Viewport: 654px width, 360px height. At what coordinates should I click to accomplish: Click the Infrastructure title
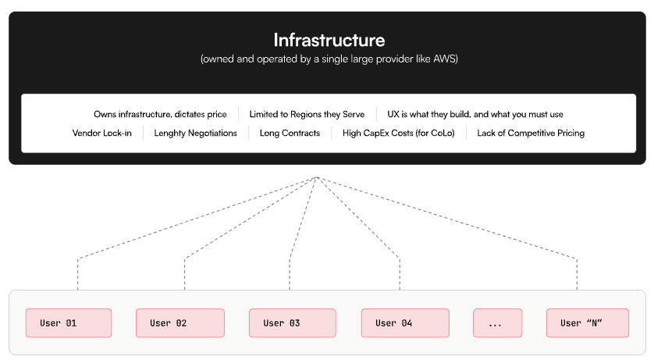pyautogui.click(x=329, y=40)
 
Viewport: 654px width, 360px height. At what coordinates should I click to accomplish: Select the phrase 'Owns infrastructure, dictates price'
pyautogui.click(x=160, y=114)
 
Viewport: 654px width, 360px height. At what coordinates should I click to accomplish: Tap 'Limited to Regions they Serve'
pyautogui.click(x=307, y=114)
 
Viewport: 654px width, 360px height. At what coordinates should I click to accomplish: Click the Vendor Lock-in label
pyautogui.click(x=101, y=133)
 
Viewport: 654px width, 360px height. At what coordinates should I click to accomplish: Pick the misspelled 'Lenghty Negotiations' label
pyautogui.click(x=195, y=133)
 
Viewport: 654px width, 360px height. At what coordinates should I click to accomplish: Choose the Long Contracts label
pyautogui.click(x=290, y=133)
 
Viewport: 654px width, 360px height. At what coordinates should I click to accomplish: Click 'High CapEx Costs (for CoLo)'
pyautogui.click(x=398, y=133)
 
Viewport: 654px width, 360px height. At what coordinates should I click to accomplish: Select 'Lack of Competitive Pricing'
pyautogui.click(x=531, y=133)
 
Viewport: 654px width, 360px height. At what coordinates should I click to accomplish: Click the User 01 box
pyautogui.click(x=69, y=323)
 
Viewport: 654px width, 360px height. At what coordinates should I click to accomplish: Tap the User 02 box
pyautogui.click(x=180, y=323)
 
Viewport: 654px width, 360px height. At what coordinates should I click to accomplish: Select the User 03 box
pyautogui.click(x=293, y=323)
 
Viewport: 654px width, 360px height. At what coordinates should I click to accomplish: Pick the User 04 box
pyautogui.click(x=405, y=323)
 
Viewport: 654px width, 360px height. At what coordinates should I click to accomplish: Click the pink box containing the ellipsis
pyautogui.click(x=498, y=323)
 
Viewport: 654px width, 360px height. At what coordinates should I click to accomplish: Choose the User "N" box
pyautogui.click(x=588, y=323)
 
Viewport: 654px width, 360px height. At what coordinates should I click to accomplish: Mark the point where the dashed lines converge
pyautogui.click(x=317, y=177)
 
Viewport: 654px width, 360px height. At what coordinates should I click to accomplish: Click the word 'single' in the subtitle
pyautogui.click(x=335, y=59)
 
